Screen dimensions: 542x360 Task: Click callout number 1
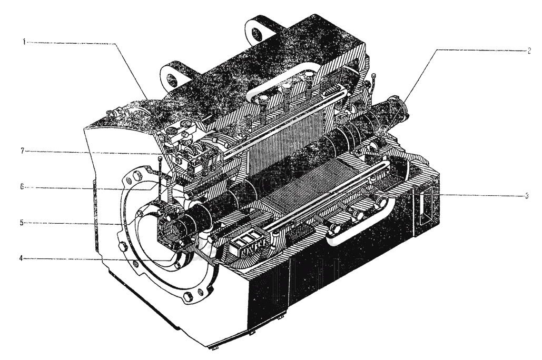click(24, 43)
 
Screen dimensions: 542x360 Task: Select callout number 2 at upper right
click(529, 51)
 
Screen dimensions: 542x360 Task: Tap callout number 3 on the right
click(526, 196)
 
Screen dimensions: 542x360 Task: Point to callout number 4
click(21, 258)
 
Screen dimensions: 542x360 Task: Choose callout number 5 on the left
click(22, 223)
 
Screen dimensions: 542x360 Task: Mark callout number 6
click(22, 187)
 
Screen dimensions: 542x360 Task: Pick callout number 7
click(23, 151)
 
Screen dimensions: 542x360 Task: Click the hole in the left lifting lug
click(172, 78)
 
